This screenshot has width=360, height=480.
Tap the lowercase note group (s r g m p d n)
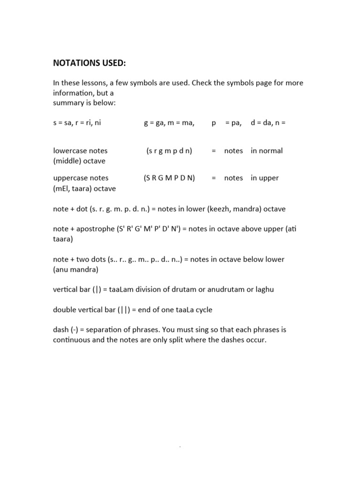click(x=169, y=151)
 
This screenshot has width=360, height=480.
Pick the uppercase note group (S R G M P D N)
click(x=169, y=178)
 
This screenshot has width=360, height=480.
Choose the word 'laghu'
click(x=263, y=290)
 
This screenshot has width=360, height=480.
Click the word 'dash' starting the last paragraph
click(x=61, y=330)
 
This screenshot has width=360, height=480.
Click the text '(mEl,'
click(x=63, y=188)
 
